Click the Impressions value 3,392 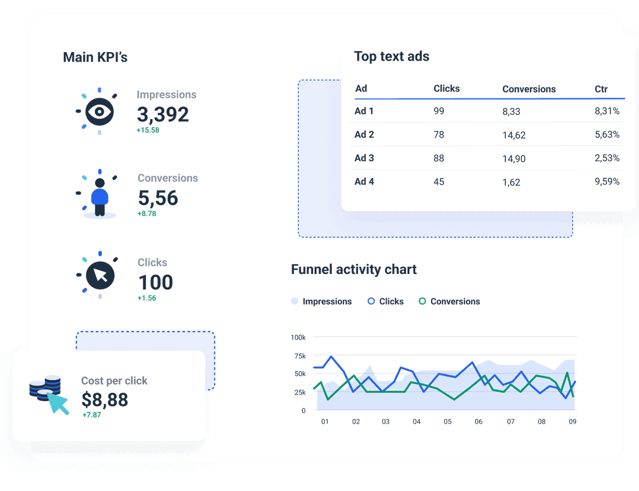coord(162,114)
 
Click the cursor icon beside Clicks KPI coord(100,275)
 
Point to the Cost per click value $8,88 coord(105,399)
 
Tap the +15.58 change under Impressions coord(148,130)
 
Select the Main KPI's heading coord(95,57)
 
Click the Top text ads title coord(391,56)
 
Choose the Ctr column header coord(601,89)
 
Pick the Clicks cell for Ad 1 coord(439,111)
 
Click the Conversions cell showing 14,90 coord(514,159)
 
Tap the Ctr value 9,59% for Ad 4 coord(607,181)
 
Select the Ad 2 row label coord(364,135)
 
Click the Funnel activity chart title coord(354,269)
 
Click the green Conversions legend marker coord(422,301)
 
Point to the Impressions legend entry coord(321,301)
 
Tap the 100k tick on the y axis coord(298,337)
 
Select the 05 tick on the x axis coord(447,421)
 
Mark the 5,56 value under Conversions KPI coord(158,198)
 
